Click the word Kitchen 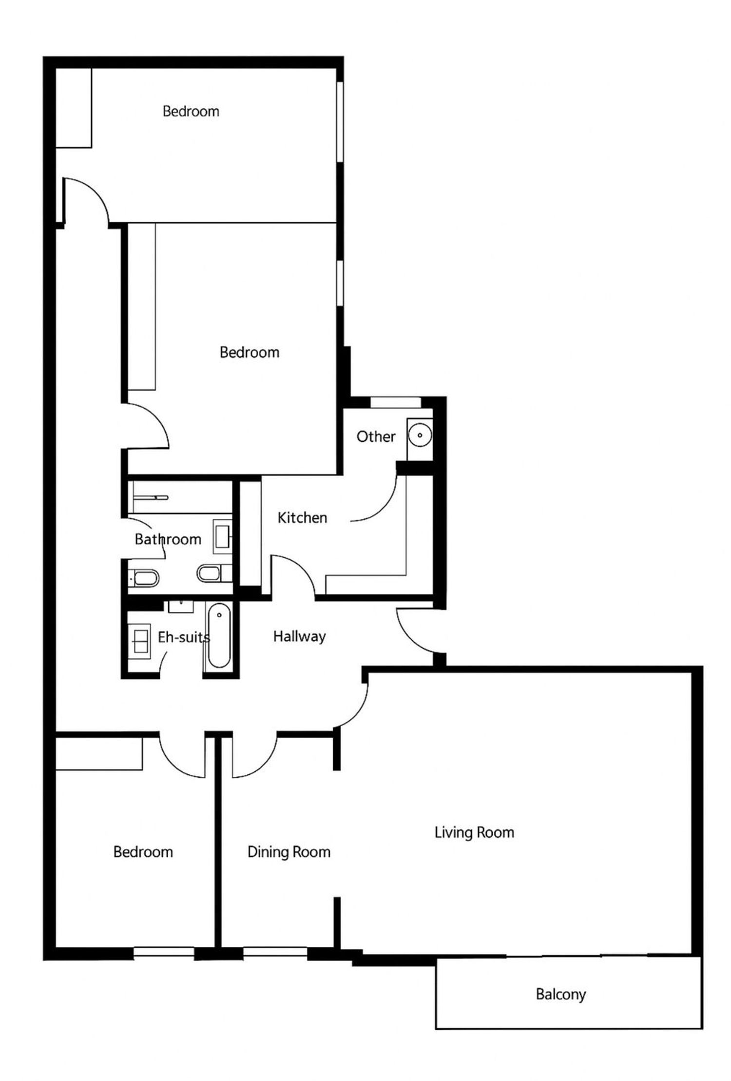(x=302, y=517)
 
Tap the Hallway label (x=299, y=636)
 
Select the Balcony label (x=560, y=994)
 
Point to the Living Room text (x=474, y=832)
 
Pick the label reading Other (x=376, y=436)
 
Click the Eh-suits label (x=184, y=637)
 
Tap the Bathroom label (x=168, y=539)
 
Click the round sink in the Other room (x=420, y=434)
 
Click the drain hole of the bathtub (x=219, y=615)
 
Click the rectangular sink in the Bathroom (x=223, y=536)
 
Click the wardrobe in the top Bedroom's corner (x=74, y=108)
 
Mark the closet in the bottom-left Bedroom (x=99, y=754)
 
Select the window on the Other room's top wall (x=395, y=403)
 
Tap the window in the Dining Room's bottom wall (x=275, y=951)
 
